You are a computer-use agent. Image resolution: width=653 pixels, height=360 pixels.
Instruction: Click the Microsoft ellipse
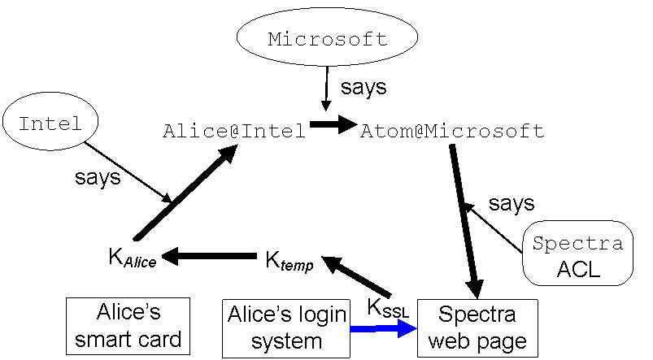tap(327, 38)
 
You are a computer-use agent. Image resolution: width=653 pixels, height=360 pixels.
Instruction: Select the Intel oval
tap(50, 124)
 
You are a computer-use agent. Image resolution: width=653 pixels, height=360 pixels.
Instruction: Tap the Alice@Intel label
tap(234, 130)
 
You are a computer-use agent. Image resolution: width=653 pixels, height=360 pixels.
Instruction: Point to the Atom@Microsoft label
tap(451, 130)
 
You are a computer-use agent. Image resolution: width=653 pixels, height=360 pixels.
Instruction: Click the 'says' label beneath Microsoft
tap(364, 88)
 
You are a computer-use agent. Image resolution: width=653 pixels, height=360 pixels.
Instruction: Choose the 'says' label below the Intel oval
tap(98, 180)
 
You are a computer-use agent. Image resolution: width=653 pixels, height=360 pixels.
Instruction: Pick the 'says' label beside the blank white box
tap(512, 204)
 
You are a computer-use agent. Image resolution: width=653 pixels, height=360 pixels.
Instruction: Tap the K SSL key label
tap(388, 309)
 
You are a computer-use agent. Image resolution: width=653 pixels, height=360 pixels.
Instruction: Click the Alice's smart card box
tap(128, 325)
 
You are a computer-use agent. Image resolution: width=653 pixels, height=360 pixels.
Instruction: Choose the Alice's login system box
tap(286, 327)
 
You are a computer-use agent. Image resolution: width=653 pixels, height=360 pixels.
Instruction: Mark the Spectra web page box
tap(477, 327)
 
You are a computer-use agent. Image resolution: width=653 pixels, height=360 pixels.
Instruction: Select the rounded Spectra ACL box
tap(577, 254)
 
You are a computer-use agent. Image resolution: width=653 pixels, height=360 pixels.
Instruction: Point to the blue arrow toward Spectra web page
tap(382, 329)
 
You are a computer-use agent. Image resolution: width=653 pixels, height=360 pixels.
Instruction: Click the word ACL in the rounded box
tap(578, 270)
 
